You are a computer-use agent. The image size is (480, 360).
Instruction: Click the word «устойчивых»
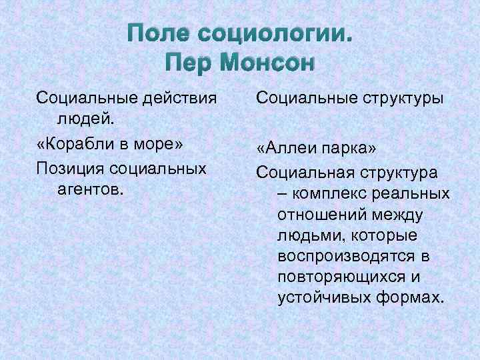coord(321,296)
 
